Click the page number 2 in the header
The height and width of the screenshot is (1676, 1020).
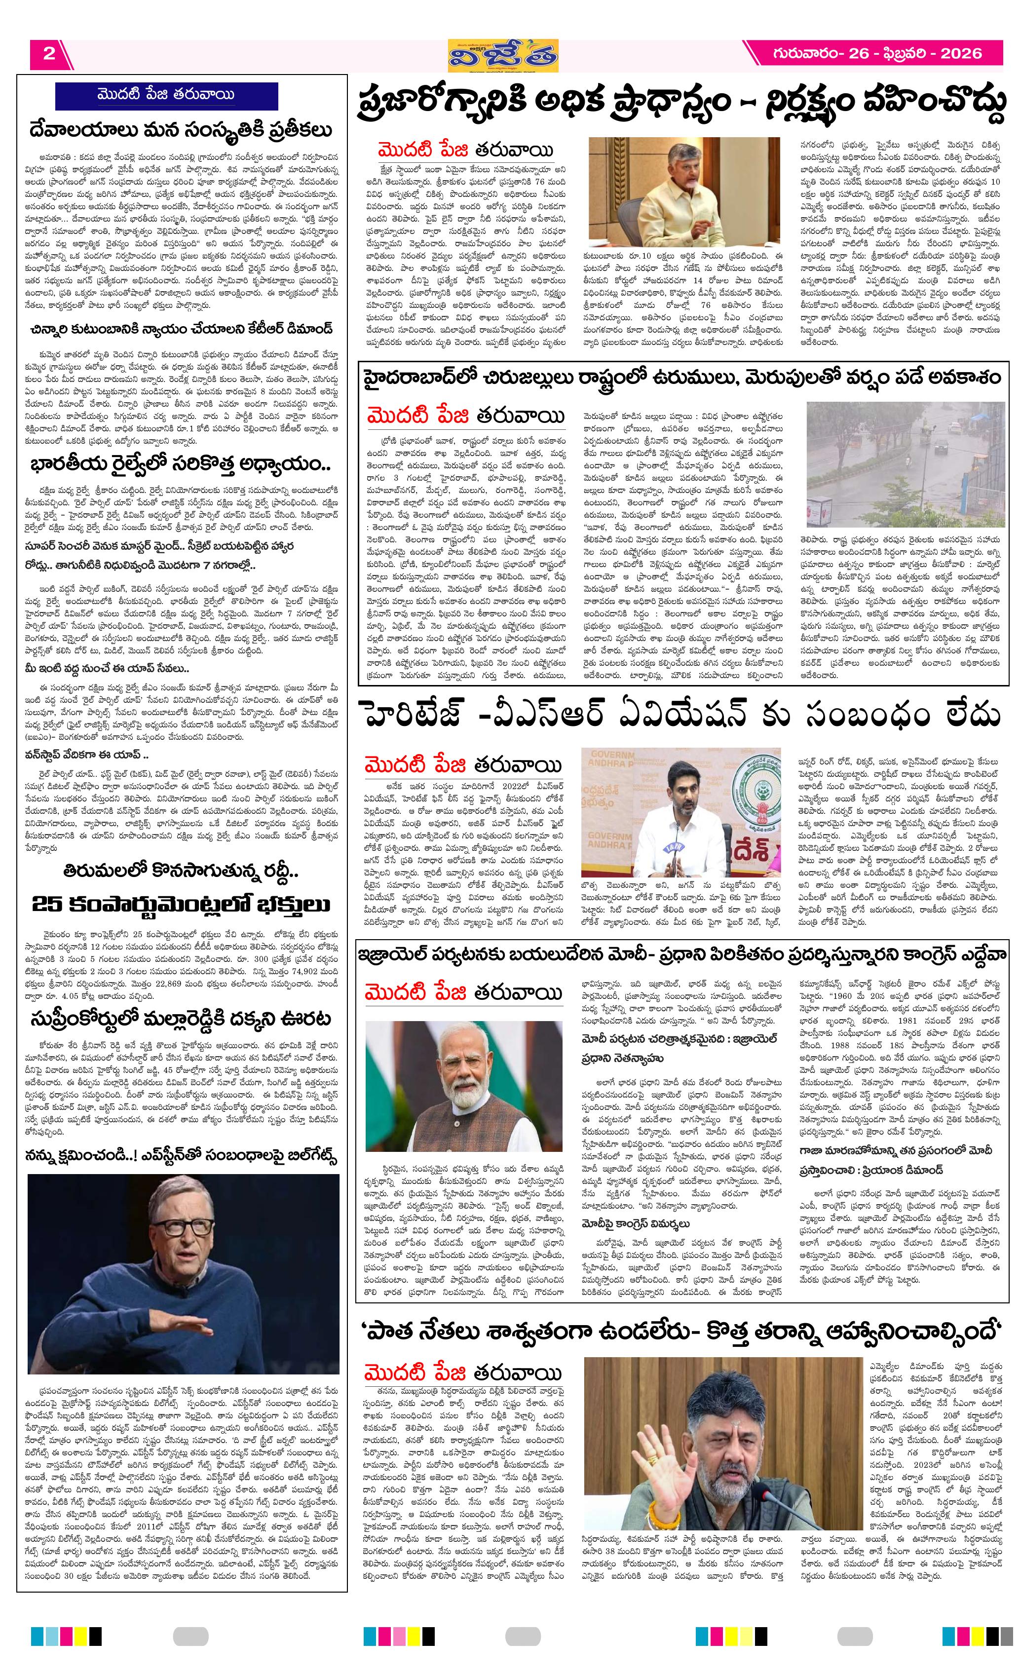(49, 54)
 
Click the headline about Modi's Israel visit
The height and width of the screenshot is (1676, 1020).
(680, 955)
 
